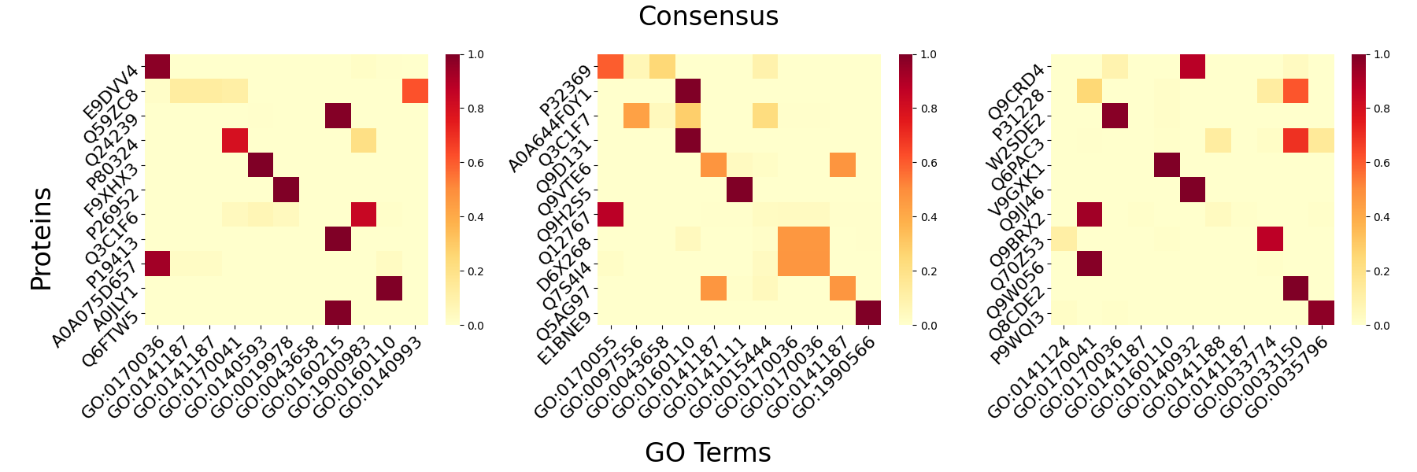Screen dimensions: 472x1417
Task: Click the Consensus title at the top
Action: (708, 17)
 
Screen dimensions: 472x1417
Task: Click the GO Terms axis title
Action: (708, 452)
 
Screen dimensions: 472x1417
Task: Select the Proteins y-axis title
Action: (41, 239)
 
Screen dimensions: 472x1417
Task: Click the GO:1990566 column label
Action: (837, 375)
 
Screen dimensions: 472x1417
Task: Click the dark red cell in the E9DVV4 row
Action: (157, 67)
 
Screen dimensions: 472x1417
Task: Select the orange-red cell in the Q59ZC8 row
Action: (415, 91)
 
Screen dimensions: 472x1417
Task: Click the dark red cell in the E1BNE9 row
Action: (868, 312)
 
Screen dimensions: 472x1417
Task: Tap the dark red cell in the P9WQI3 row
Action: (1322, 312)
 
